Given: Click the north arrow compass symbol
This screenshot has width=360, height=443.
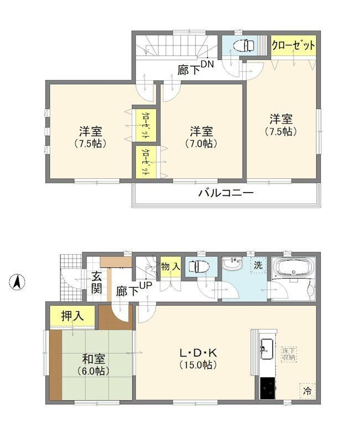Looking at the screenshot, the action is click(x=17, y=282).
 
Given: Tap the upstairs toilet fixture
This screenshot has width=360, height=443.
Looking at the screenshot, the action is click(x=245, y=45).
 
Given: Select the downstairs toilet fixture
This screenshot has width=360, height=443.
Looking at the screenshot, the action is click(x=199, y=266).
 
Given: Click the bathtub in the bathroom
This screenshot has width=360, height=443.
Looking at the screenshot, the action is click(x=295, y=268).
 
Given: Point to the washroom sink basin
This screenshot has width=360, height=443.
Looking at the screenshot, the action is click(x=232, y=264).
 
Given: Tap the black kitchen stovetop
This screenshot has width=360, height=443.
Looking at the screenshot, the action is click(x=267, y=388).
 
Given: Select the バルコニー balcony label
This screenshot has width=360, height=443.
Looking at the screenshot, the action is click(x=225, y=193).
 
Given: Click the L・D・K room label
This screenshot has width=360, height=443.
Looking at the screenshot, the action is click(x=198, y=353).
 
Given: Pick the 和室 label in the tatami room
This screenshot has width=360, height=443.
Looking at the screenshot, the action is click(x=94, y=359).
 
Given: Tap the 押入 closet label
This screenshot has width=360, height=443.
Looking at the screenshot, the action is click(x=73, y=316).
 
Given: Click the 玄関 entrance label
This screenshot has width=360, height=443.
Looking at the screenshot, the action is click(x=96, y=282).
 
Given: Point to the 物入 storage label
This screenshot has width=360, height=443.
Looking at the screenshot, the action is click(x=171, y=266).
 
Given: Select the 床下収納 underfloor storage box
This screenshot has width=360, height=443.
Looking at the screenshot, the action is click(x=289, y=354).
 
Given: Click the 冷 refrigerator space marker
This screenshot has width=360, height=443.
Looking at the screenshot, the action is click(x=307, y=391).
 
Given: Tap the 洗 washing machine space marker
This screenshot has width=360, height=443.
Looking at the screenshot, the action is click(x=258, y=265).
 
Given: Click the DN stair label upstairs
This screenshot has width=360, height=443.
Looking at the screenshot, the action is click(x=207, y=64).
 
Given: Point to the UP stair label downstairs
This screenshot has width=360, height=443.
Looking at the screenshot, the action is click(x=145, y=286).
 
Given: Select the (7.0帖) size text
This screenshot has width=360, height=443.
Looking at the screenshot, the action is click(x=201, y=144).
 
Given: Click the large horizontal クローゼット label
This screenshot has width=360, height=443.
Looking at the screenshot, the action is click(x=294, y=45).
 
